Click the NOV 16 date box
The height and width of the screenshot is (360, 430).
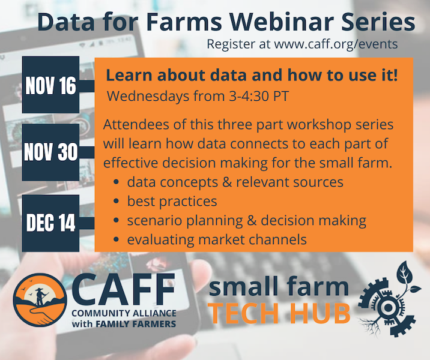tap(50, 85)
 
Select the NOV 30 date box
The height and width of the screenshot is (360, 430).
tap(50, 152)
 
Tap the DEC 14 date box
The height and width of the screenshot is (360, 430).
tap(50, 223)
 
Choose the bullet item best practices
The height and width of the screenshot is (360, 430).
tap(172, 201)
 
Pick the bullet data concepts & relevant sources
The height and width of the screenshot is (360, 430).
tap(235, 182)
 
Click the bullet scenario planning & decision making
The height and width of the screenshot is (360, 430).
tap(246, 220)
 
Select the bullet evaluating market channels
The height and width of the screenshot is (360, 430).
tap(217, 239)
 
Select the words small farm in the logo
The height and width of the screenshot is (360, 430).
tap(278, 287)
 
